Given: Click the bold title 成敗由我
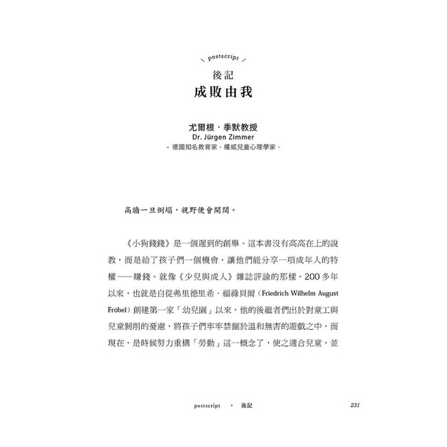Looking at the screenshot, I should pos(223,93).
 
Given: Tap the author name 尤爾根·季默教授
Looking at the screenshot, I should pos(223,128).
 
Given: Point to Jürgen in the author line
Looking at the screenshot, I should pos(213,138).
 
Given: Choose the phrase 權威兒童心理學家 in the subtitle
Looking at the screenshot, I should pos(249,149).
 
